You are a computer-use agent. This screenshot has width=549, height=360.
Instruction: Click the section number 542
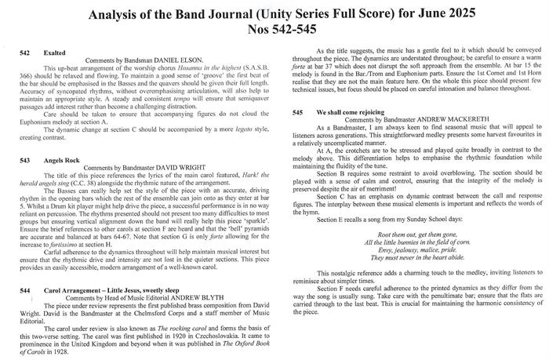coord(25,53)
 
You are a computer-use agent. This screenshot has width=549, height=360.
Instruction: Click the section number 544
coord(25,289)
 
